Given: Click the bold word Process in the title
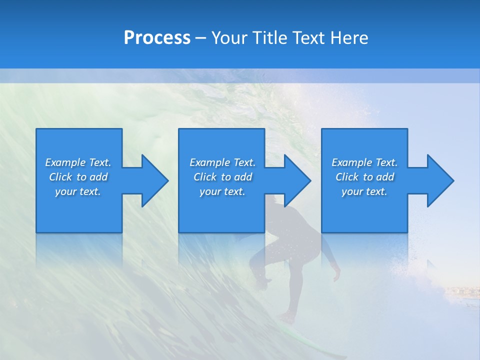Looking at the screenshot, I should click(157, 37).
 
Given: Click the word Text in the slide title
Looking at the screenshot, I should click(309, 37).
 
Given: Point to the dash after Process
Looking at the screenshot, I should click(200, 38).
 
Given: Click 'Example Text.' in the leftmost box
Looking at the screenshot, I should click(78, 162).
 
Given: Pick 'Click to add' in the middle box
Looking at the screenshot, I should click(222, 177).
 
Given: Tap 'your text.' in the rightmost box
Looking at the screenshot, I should click(364, 191).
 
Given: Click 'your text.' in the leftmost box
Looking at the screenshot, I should click(78, 191).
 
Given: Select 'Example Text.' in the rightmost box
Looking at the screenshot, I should click(364, 162).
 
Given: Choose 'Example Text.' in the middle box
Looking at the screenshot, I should click(222, 162).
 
